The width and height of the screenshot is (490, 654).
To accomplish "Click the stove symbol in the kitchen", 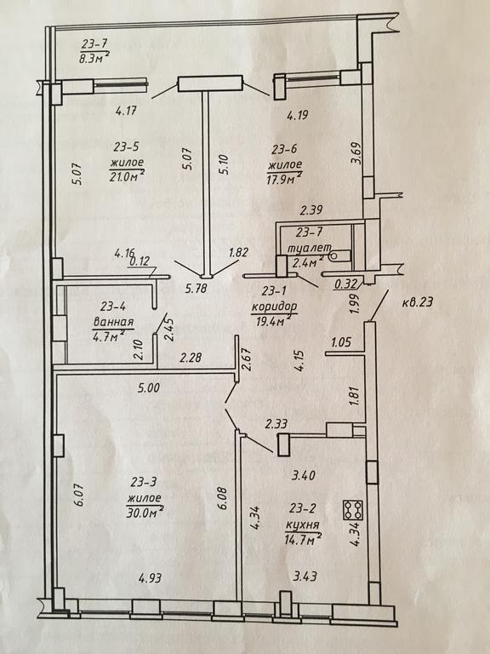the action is point(353,510).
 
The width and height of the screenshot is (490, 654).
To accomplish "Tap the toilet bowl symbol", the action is point(339,255).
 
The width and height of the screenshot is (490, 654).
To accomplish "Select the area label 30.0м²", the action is point(145,512).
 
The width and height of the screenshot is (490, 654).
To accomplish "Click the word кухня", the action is point(302,525).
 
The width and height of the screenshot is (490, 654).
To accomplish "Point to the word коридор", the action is point(274,307).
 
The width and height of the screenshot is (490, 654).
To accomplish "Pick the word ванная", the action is point(113,322).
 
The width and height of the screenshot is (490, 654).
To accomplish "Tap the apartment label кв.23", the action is point(417,301).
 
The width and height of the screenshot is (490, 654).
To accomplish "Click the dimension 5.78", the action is point(196,288).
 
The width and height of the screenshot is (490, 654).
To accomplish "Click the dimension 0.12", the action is point(140,262).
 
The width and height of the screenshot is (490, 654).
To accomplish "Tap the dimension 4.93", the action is point(151,578).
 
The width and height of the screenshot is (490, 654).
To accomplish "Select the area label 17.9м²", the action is point(285,180).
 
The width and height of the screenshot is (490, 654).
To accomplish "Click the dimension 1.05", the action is point(341,342).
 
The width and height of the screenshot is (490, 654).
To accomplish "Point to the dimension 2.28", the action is point(191,358).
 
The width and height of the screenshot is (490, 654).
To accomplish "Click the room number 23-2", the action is point(303,508).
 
